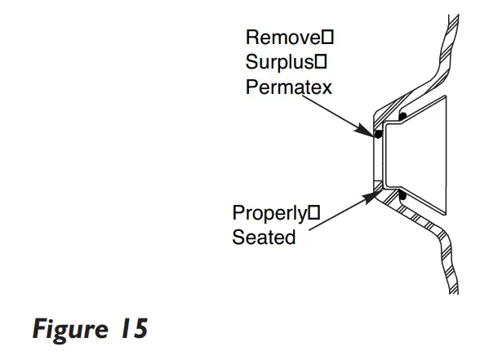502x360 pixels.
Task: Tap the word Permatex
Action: click(289, 87)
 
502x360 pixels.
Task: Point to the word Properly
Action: click(268, 215)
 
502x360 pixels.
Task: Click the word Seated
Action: click(264, 238)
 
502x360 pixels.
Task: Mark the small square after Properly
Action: click(310, 215)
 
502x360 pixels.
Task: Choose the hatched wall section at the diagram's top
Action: click(446, 49)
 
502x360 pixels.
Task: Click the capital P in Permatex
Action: click(252, 87)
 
